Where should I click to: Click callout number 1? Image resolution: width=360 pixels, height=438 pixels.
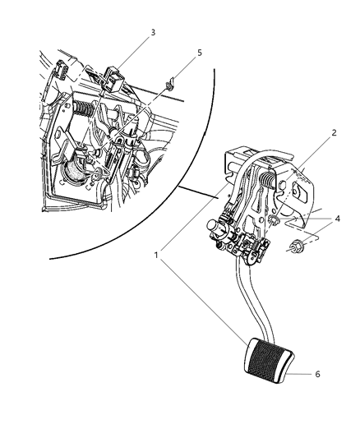tap(156, 255)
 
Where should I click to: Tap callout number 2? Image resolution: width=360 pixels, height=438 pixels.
tap(334, 133)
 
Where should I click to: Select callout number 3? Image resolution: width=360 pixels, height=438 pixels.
tap(153, 32)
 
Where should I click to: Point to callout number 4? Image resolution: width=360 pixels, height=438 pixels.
tap(337, 219)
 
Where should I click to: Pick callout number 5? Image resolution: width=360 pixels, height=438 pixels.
tap(200, 53)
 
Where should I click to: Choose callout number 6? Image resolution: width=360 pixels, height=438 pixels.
tap(317, 374)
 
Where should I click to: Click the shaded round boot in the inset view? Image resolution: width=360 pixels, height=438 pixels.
tap(75, 174)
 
